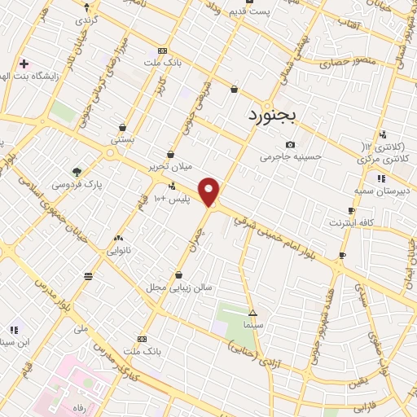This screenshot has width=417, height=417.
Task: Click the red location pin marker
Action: (x=209, y=191)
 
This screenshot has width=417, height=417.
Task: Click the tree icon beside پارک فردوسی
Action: (x=77, y=172)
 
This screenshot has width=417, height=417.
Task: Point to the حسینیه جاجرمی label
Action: (x=291, y=156)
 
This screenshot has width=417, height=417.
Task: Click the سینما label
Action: (x=252, y=324)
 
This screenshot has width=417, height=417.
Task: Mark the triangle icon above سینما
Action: (x=252, y=313)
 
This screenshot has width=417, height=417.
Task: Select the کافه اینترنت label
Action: (x=351, y=222)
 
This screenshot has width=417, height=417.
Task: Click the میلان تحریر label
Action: (x=169, y=166)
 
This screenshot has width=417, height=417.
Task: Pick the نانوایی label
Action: (x=120, y=251)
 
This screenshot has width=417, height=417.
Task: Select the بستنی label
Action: (x=122, y=139)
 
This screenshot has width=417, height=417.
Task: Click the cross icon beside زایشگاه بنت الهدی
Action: (x=24, y=63)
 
